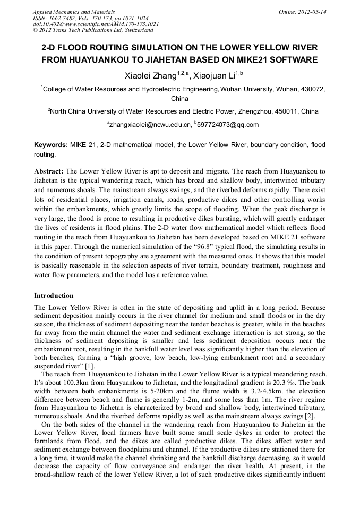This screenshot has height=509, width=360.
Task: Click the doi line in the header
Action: tap(96, 24)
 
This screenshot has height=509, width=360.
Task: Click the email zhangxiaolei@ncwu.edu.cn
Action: tap(150, 125)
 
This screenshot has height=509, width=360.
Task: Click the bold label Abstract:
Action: tap(49, 171)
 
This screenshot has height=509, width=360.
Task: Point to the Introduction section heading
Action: tap(54, 295)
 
